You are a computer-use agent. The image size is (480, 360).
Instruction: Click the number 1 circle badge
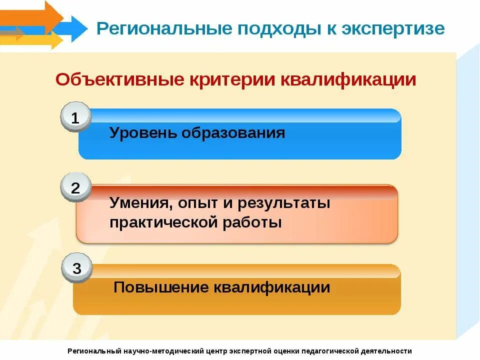point(75,118)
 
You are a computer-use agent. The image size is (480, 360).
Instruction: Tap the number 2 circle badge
point(75,188)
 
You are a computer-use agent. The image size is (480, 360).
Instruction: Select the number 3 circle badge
point(76,268)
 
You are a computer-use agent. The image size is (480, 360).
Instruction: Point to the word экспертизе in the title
point(393,28)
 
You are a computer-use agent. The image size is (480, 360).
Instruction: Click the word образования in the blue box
point(233,133)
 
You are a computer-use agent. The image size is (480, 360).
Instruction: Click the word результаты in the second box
point(283,204)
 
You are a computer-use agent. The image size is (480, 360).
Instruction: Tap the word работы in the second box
point(256,222)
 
